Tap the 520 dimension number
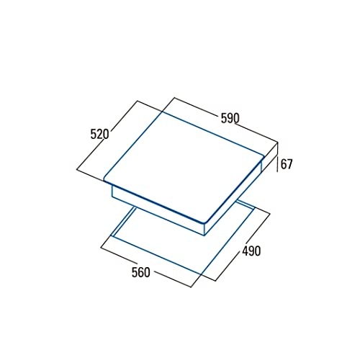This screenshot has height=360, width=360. coord(99,134)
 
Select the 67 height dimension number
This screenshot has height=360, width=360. coord(287,164)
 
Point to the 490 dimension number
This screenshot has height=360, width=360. coord(251,251)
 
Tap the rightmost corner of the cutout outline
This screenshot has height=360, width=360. coord(268,212)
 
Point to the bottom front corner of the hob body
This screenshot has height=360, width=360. coord(208,233)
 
